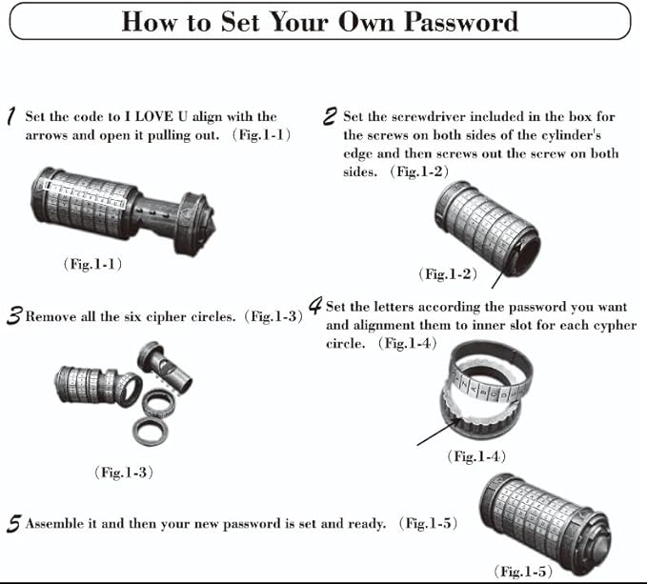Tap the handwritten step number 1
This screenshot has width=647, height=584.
10,117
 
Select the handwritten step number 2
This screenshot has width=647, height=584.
330,117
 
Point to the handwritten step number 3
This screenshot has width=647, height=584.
13,317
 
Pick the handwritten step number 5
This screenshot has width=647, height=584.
13,524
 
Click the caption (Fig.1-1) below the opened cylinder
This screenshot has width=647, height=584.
92,264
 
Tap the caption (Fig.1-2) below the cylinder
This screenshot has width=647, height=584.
448,273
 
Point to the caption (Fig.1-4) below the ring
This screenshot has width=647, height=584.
475,457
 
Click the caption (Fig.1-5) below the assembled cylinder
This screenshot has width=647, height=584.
521,571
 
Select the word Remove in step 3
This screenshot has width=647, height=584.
51,316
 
